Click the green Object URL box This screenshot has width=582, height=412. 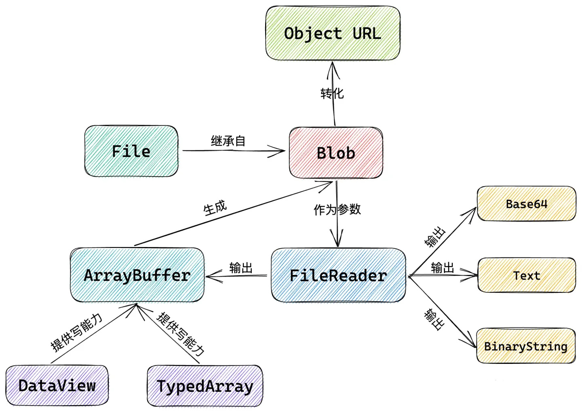[333, 33]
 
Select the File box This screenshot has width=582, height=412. [131, 151]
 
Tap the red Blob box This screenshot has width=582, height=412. [336, 153]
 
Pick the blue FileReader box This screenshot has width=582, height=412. [338, 275]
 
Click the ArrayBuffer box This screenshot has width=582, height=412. [137, 275]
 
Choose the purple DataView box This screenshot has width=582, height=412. [57, 386]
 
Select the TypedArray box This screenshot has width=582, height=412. [205, 386]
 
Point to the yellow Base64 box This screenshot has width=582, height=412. [526, 204]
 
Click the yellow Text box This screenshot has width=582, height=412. [527, 275]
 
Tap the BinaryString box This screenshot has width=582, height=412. [526, 346]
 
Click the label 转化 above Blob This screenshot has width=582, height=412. [332, 93]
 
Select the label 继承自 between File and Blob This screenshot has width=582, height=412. [228, 141]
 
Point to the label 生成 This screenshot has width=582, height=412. [215, 208]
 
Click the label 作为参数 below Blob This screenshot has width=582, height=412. [337, 209]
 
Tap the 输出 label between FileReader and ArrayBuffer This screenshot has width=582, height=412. [241, 268]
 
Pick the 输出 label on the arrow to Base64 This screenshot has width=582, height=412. [435, 237]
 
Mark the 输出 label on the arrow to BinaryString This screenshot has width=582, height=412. [434, 319]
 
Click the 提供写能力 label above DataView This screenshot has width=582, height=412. [76, 332]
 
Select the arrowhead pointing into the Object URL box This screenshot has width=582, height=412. [333, 69]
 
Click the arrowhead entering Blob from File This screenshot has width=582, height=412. [278, 152]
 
